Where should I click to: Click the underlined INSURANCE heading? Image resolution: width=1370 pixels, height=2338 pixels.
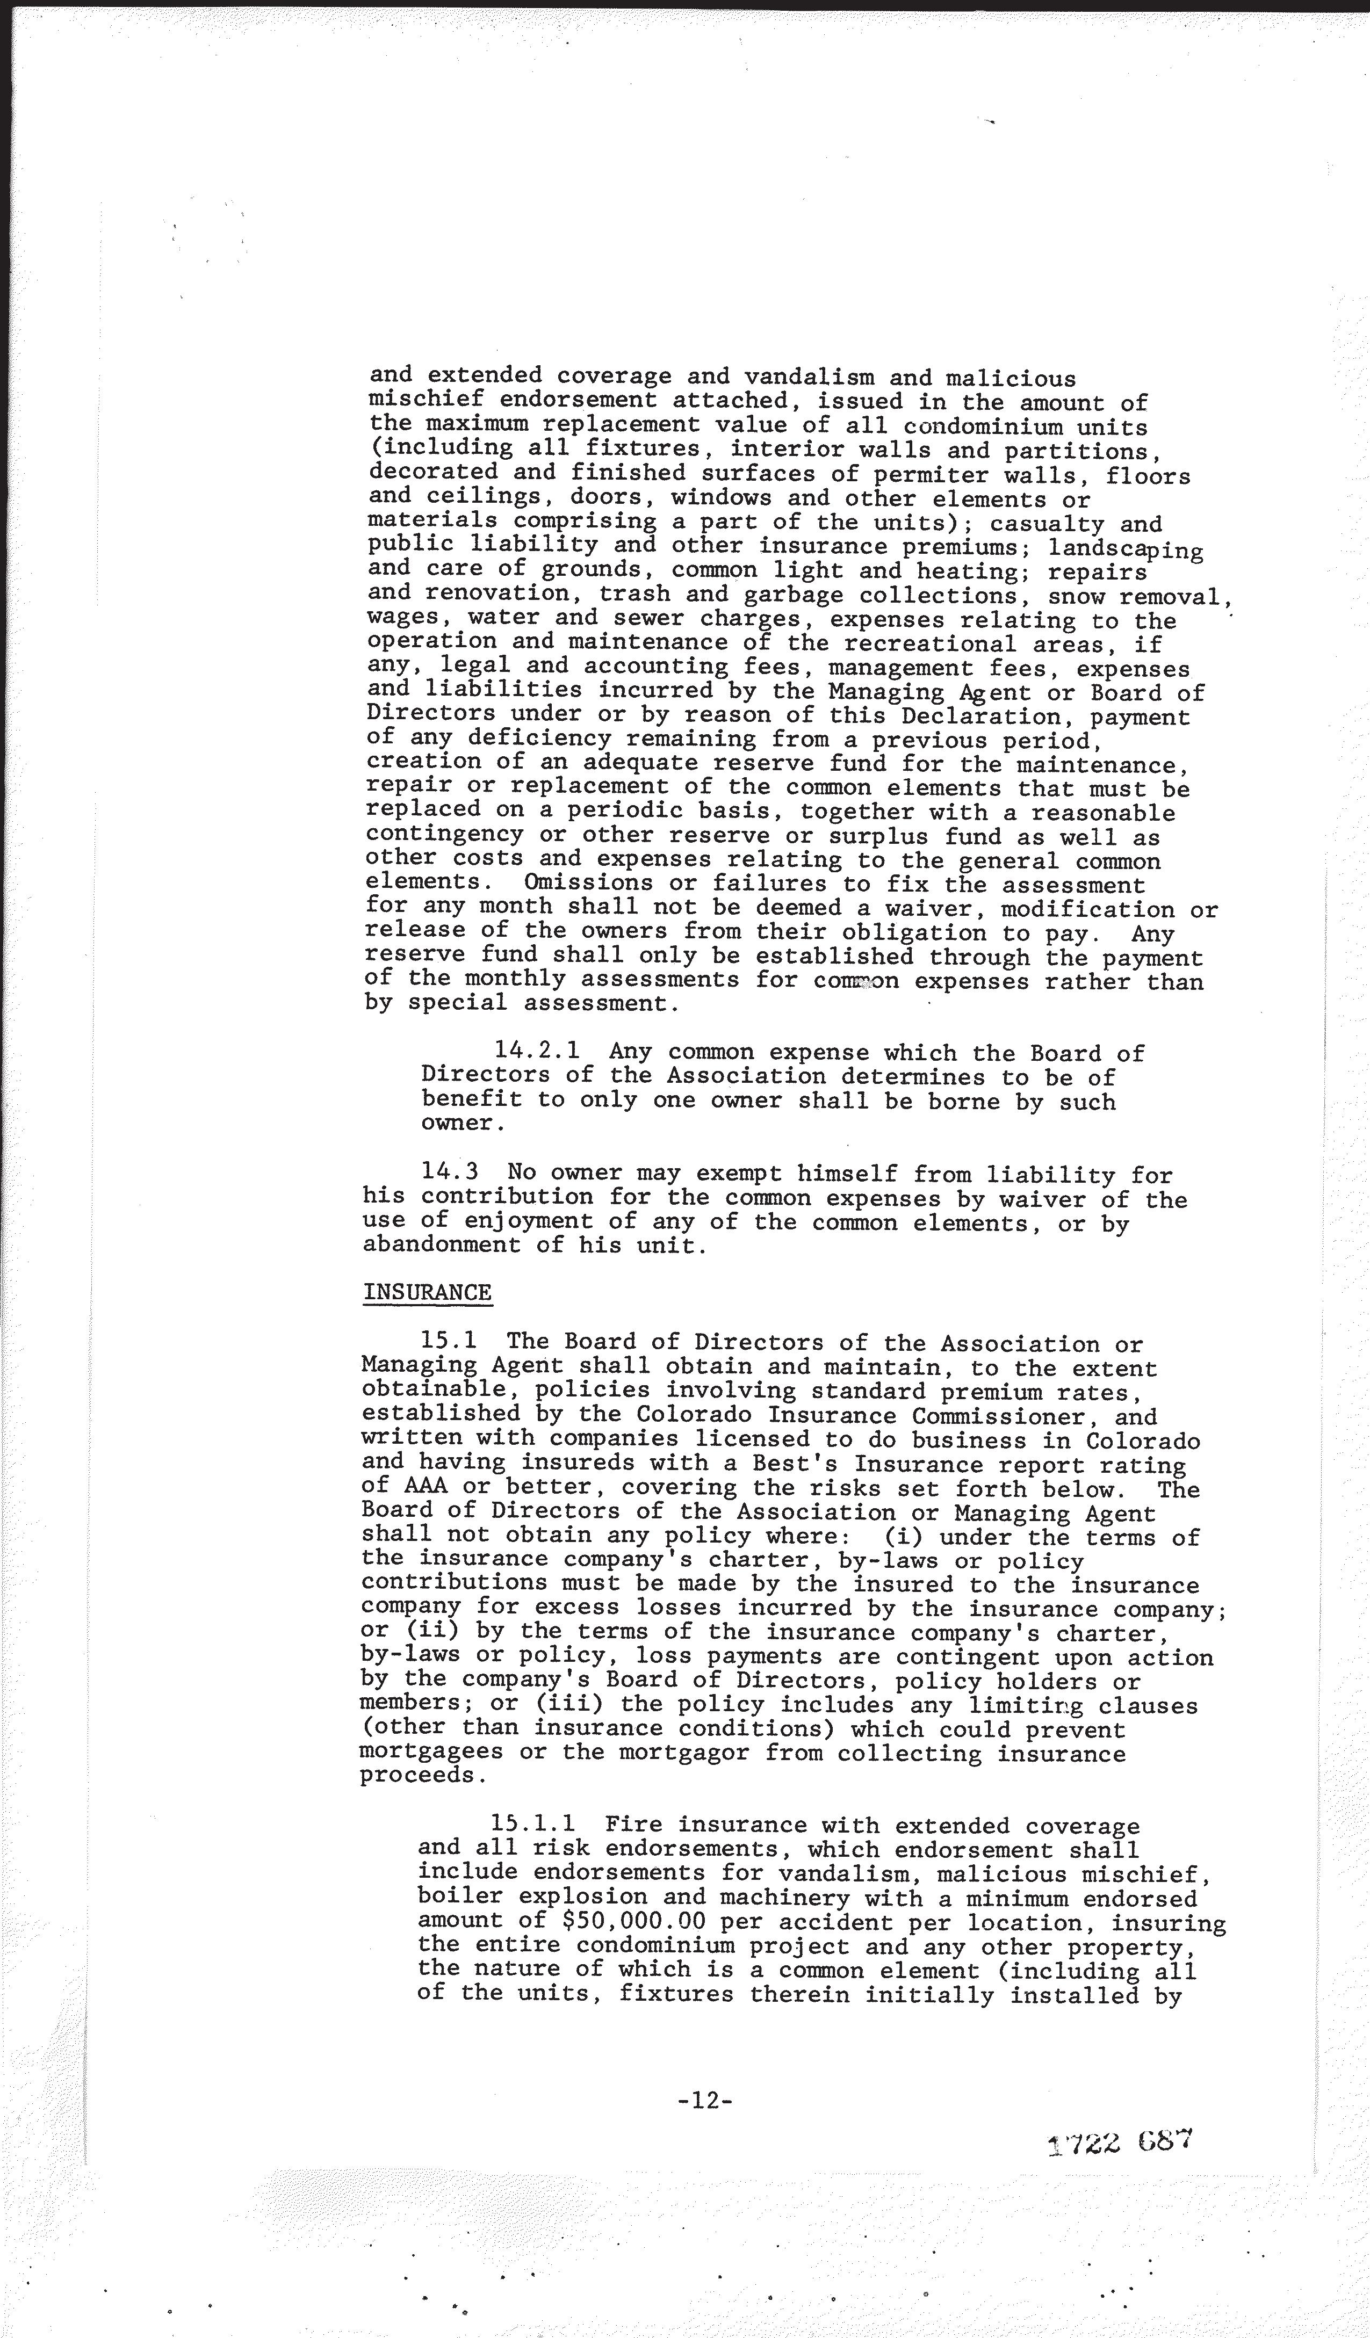[x=427, y=1292]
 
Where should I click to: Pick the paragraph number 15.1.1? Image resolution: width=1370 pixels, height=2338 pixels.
[x=537, y=1826]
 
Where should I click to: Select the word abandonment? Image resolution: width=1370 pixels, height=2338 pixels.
[x=442, y=1245]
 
